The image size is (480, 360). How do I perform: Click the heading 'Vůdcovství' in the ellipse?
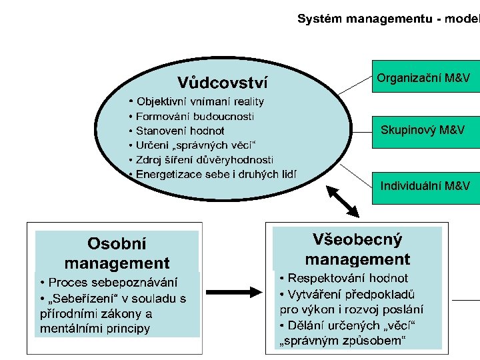(x=223, y=83)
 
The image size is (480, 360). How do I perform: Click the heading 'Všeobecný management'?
(x=357, y=249)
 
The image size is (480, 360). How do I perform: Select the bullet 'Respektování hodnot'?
(x=344, y=278)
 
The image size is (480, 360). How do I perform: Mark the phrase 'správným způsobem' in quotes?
(x=341, y=342)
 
